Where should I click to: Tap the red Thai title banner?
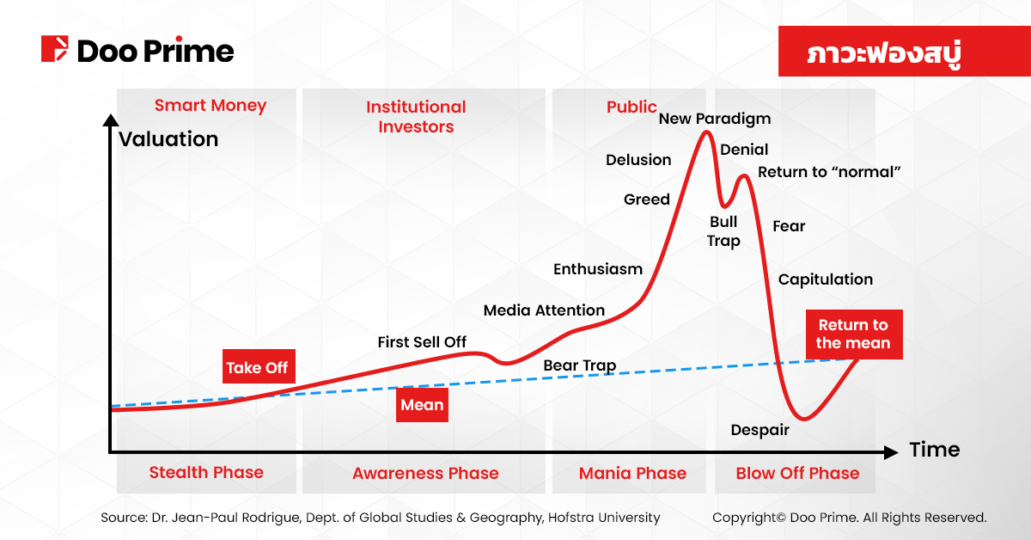pyautogui.click(x=884, y=52)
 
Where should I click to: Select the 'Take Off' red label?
pyautogui.click(x=257, y=367)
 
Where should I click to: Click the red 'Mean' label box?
pyautogui.click(x=422, y=405)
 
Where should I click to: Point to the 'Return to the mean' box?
pyautogui.click(x=853, y=334)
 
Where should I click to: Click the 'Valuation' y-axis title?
pyautogui.click(x=168, y=138)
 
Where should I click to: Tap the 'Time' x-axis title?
pyautogui.click(x=934, y=450)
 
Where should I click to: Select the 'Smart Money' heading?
pyautogui.click(x=210, y=106)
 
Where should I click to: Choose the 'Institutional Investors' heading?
pyautogui.click(x=416, y=117)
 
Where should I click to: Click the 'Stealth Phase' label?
pyautogui.click(x=206, y=472)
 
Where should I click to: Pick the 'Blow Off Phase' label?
pyautogui.click(x=797, y=473)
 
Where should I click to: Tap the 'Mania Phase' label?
pyautogui.click(x=632, y=473)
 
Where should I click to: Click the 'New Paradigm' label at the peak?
pyautogui.click(x=715, y=119)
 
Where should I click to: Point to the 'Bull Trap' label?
pyautogui.click(x=723, y=231)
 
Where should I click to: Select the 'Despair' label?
pyautogui.click(x=760, y=430)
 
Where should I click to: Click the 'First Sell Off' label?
pyautogui.click(x=422, y=342)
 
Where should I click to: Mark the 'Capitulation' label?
pyautogui.click(x=825, y=279)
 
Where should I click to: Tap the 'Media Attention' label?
pyautogui.click(x=544, y=310)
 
